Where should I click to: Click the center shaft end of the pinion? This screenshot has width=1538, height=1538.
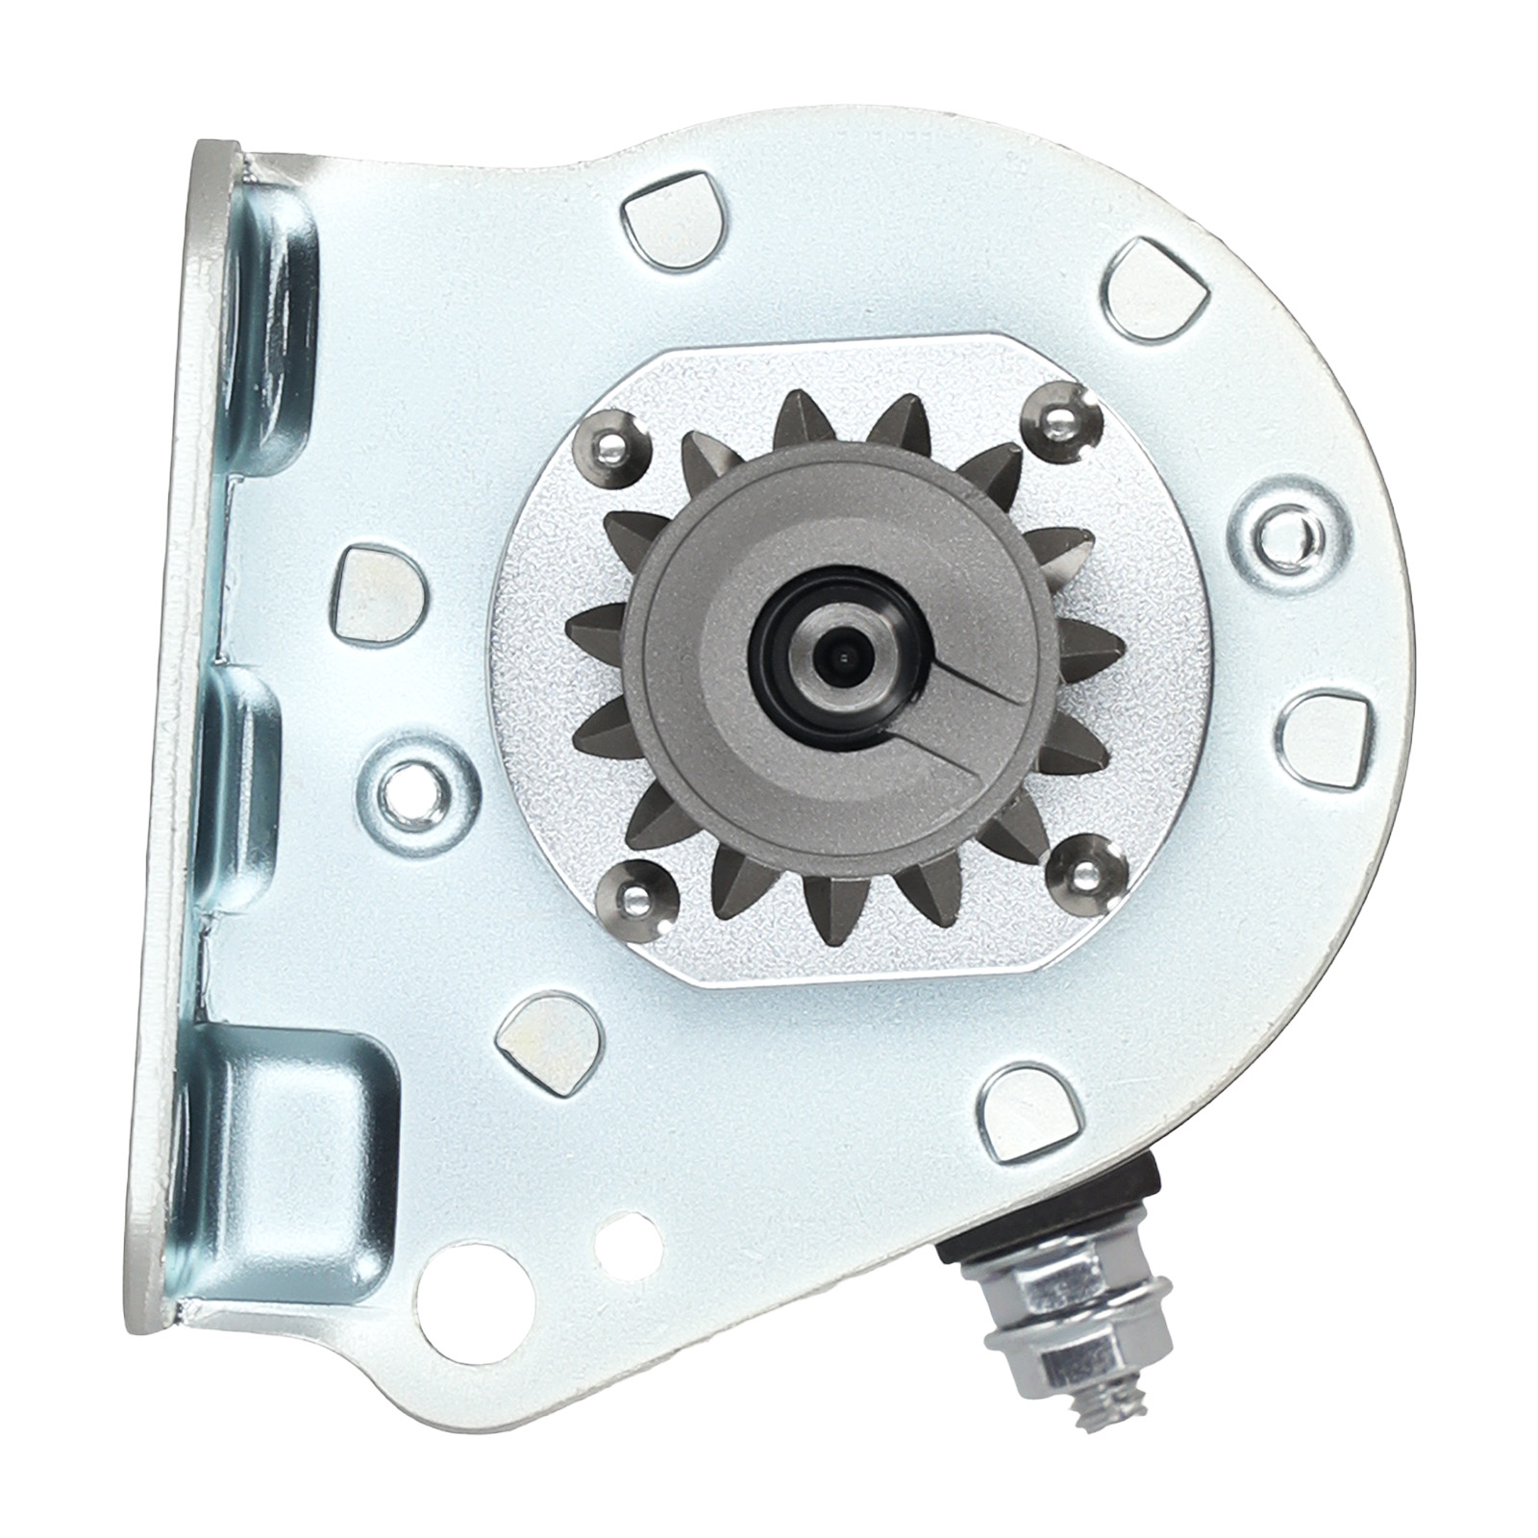(x=838, y=657)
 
